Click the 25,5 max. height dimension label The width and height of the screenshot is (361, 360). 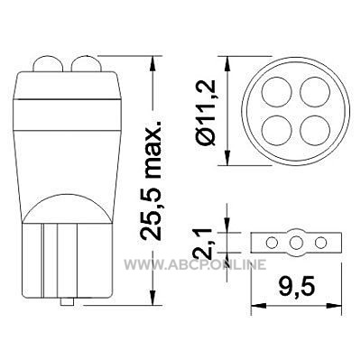coord(152,180)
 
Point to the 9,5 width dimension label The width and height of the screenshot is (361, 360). coord(296,287)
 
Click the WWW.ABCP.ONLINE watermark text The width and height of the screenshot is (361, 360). coord(195,264)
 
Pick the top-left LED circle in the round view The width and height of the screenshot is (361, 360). coord(277,92)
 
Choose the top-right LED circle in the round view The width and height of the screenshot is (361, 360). coord(315,92)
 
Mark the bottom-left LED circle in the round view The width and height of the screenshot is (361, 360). coord(277,130)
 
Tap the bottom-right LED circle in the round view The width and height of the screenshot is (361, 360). coord(315,130)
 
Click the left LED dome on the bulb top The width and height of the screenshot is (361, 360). coord(48,64)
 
